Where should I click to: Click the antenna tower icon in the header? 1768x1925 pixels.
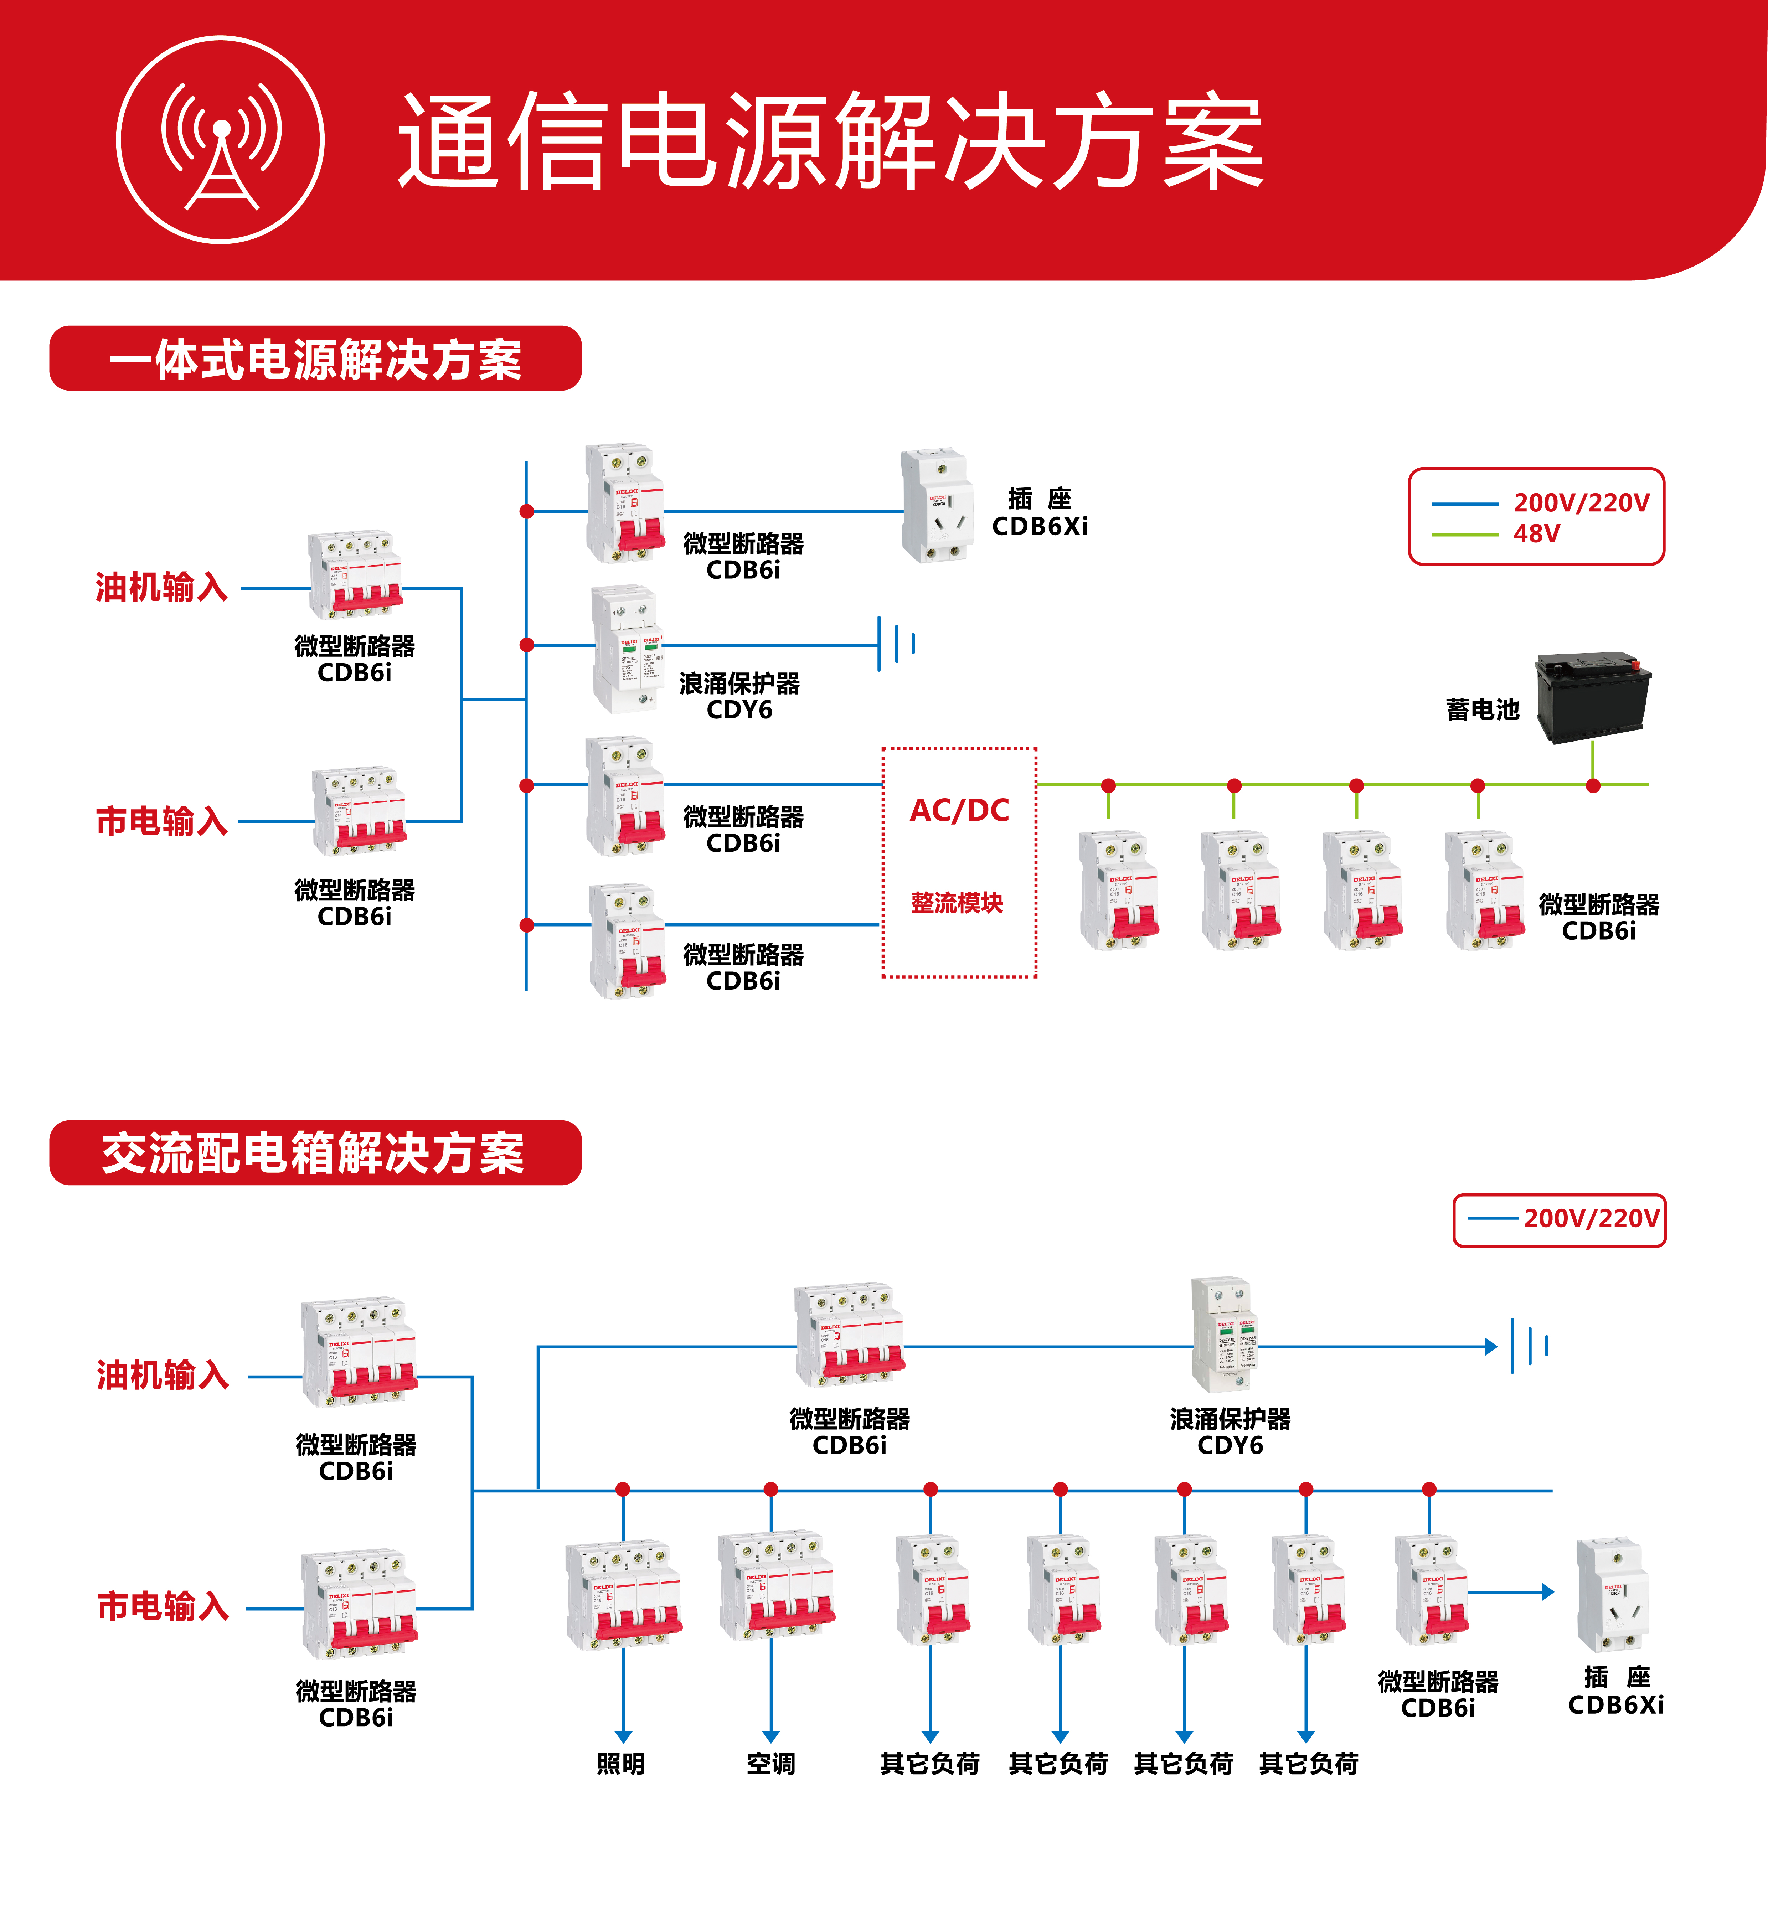[x=221, y=141]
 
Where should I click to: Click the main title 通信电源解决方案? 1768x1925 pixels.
[x=830, y=141]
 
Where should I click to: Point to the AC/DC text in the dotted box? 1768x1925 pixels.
[x=959, y=810]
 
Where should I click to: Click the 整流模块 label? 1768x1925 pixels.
[x=957, y=902]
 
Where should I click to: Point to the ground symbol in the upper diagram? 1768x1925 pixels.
[x=896, y=644]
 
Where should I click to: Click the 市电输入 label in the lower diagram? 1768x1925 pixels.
[x=163, y=1606]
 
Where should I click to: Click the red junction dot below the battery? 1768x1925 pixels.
[x=1593, y=785]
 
